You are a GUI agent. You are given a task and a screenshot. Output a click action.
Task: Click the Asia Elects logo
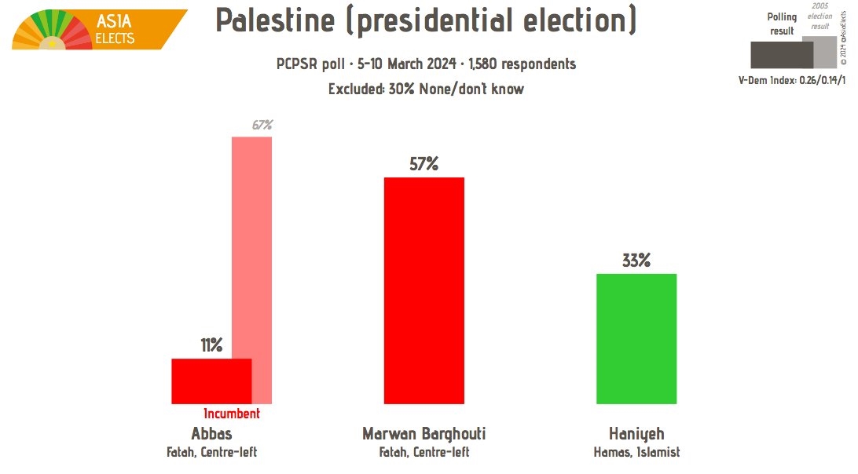point(100,29)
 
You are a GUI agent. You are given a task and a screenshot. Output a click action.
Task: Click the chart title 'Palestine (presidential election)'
point(425,21)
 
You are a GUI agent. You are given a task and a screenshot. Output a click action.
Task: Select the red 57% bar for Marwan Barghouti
point(423,290)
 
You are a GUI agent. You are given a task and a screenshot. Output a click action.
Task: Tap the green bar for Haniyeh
point(636,338)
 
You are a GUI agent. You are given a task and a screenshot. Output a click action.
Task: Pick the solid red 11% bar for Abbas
point(211,381)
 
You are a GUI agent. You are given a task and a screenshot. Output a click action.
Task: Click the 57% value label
point(423,164)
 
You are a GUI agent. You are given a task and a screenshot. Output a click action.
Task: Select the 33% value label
point(636,261)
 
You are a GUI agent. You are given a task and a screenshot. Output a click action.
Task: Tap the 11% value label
point(211,345)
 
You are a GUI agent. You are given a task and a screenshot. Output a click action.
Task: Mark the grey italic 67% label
point(262,125)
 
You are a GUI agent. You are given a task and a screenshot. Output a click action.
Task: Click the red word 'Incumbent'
point(231,414)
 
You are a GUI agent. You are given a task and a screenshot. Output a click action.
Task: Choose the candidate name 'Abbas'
point(211,434)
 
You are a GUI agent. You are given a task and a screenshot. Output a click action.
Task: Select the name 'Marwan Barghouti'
point(423,434)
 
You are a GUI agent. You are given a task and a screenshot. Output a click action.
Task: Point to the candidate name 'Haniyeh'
point(636,434)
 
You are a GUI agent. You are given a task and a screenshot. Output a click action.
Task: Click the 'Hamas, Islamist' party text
point(636,452)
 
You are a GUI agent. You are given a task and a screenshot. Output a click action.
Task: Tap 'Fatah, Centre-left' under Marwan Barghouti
point(423,452)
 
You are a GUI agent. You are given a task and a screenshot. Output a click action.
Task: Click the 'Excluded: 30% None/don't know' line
point(425,89)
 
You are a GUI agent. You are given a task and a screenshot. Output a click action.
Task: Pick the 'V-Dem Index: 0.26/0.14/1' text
point(793,80)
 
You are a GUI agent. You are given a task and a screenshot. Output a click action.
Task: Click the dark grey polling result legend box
point(781,54)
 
